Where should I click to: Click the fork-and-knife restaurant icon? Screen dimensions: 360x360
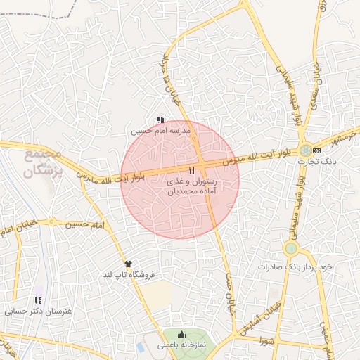(x=191, y=171)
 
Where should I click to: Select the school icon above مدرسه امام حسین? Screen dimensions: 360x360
(x=161, y=120)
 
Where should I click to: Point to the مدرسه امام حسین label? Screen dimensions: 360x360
(x=161, y=131)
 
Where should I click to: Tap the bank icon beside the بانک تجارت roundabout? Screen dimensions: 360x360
(x=317, y=150)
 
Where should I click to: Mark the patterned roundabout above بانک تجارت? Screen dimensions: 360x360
(x=304, y=150)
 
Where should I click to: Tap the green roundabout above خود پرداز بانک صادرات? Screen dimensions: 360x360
(x=291, y=248)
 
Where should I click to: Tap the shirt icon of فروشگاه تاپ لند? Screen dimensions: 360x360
(x=127, y=263)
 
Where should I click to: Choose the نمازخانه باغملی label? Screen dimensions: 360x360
(x=182, y=345)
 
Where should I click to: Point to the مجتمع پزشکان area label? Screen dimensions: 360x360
(x=43, y=162)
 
